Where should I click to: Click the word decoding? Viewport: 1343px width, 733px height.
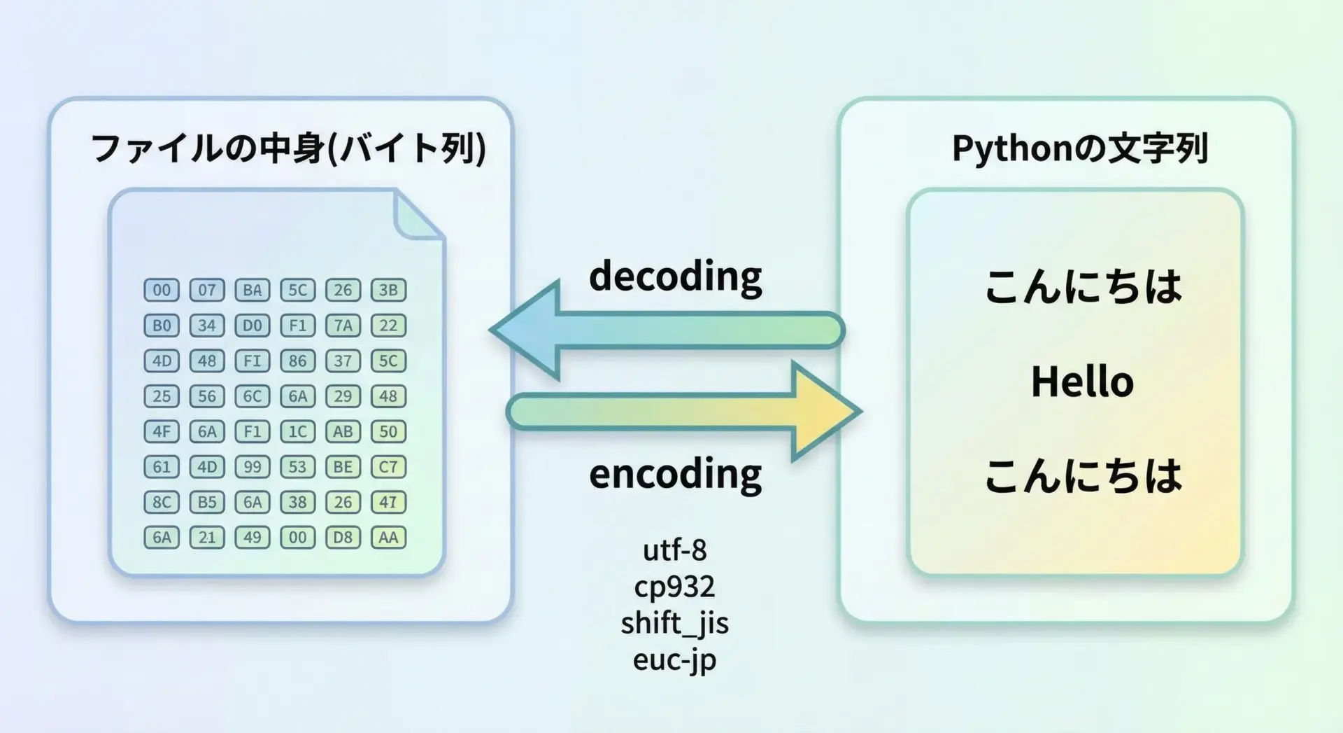675,277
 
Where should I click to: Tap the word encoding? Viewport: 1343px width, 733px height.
675,474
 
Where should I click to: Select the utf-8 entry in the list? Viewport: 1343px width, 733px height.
675,550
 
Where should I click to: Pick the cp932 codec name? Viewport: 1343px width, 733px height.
675,587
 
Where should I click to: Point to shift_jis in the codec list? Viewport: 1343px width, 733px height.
675,623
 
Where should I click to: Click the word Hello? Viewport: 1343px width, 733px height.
1082,382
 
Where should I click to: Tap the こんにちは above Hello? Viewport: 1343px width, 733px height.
1083,287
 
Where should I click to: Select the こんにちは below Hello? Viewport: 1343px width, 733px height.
1083,477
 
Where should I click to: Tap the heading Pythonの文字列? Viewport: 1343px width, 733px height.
1080,148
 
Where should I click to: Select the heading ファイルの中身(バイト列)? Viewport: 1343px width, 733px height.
288,148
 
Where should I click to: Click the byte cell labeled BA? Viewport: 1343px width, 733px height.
252,290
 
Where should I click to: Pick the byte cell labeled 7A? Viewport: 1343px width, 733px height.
343,326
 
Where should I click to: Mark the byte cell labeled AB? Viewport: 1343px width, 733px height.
343,431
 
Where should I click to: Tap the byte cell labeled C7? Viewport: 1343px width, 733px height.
388,467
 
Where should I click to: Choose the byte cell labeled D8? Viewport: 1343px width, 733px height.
343,538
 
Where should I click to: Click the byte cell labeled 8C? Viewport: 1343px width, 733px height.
162,502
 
